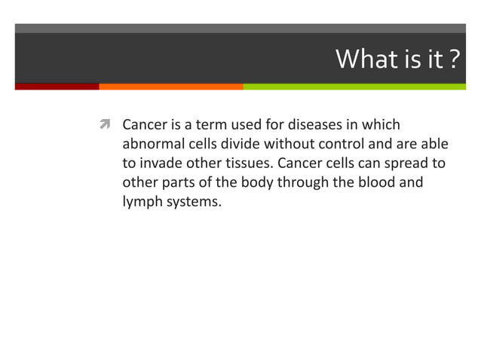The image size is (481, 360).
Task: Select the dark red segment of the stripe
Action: [x=57, y=87]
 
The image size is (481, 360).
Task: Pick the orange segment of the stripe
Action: [x=171, y=87]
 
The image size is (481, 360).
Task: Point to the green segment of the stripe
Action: [x=354, y=87]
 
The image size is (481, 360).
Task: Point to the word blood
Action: [x=377, y=183]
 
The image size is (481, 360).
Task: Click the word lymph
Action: [x=142, y=203]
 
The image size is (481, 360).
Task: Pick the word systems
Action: [x=195, y=203]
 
